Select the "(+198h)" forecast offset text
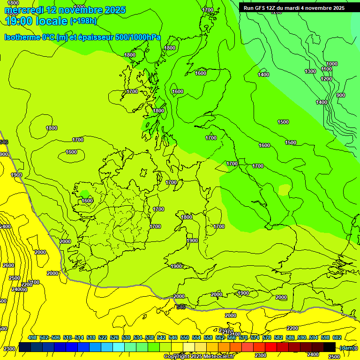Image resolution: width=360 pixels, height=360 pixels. (83, 21)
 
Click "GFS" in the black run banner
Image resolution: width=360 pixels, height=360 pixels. (263, 8)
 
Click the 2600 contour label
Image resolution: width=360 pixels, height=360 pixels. (8, 265)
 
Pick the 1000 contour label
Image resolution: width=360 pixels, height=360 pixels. (332, 64)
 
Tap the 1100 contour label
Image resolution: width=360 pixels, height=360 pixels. (327, 69)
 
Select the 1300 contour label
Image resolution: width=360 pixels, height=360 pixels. (310, 71)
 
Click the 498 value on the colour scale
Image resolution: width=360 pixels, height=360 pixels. (32, 337)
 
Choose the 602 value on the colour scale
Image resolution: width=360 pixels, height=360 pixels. (337, 337)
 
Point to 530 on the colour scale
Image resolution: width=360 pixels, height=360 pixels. (126, 337)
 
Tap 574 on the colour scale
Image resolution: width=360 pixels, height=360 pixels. (255, 337)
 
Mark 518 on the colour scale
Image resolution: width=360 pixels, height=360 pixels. (91, 337)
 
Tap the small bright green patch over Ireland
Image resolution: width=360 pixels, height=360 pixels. (84, 194)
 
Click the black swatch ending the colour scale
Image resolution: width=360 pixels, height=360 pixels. (330, 347)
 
